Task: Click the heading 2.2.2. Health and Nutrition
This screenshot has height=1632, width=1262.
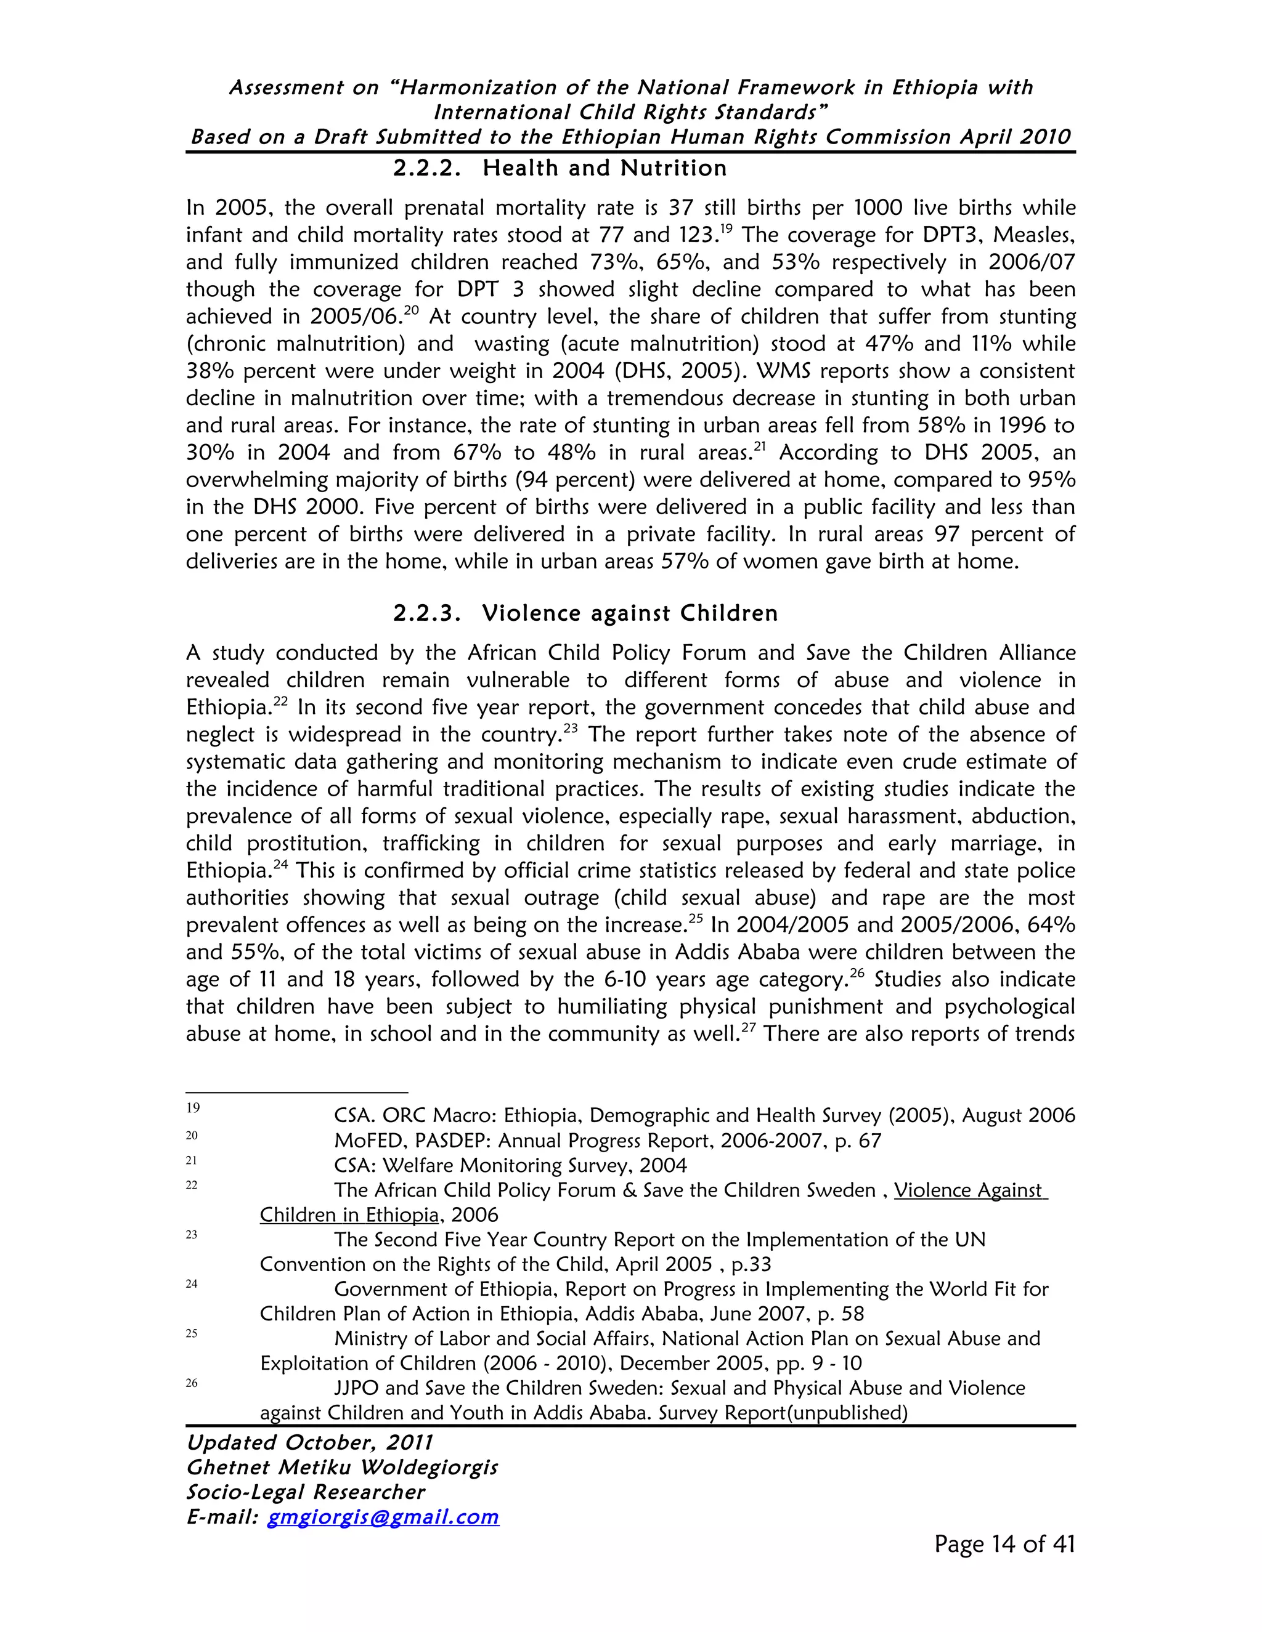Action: click(560, 168)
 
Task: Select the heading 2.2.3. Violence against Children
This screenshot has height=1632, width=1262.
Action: click(585, 613)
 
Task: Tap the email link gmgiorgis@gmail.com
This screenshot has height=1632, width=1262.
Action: click(383, 1516)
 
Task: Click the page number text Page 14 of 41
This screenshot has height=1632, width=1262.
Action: click(1004, 1544)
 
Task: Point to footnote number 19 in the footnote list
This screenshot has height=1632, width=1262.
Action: click(193, 1107)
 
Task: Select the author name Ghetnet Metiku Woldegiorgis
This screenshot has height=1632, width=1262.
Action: click(341, 1467)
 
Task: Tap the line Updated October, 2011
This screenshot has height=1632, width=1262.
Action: click(309, 1442)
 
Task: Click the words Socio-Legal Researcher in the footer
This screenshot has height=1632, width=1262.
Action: click(305, 1492)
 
